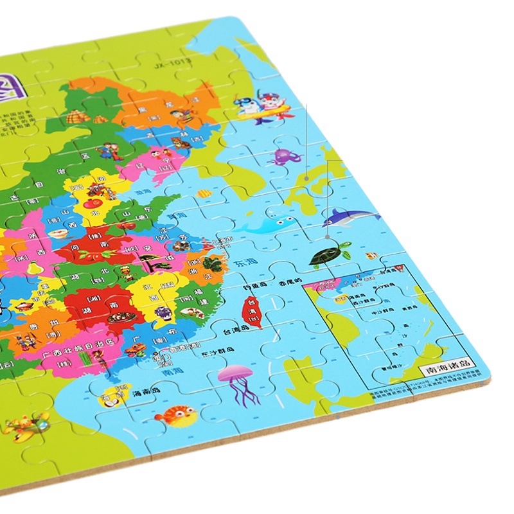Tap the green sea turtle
[x=328, y=255]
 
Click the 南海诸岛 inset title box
[x=447, y=370]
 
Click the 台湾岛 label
[x=236, y=332]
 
